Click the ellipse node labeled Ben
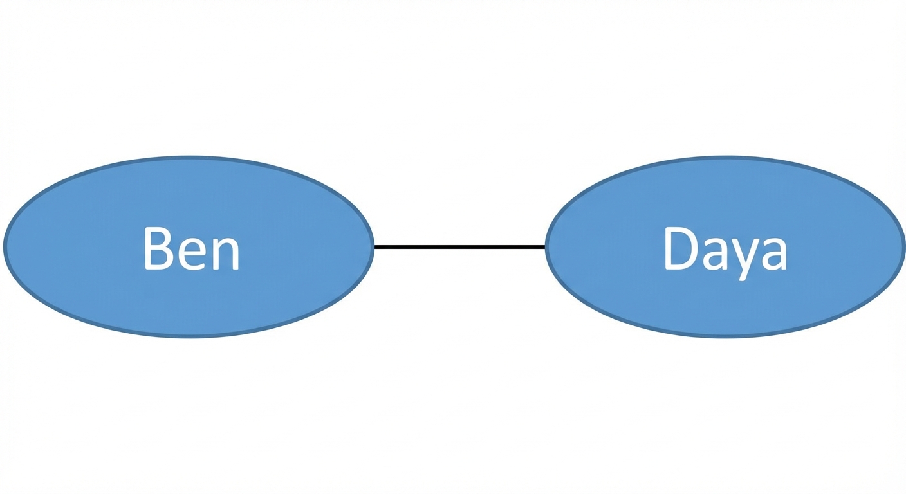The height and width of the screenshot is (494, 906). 189,246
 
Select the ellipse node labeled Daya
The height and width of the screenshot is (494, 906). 725,246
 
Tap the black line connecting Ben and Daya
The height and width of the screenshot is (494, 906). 459,246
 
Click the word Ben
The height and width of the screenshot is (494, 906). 192,248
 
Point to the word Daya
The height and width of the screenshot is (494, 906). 726,253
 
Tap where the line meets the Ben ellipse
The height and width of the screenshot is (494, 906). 374,246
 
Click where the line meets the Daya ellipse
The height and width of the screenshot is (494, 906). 545,246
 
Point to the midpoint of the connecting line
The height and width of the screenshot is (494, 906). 459,246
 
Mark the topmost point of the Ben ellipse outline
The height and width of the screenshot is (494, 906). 189,157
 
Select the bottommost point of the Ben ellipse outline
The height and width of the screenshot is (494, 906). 189,337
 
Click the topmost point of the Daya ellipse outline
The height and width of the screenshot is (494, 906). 725,157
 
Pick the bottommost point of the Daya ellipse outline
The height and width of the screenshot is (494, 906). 725,337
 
